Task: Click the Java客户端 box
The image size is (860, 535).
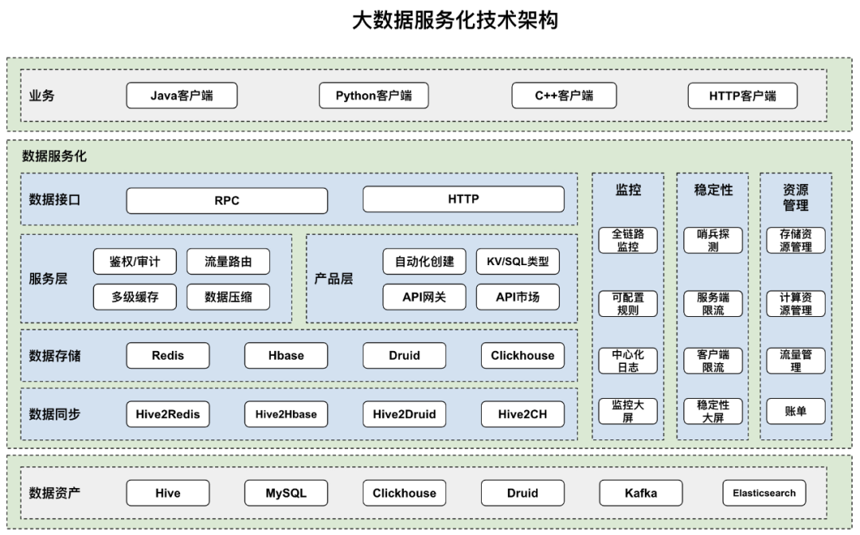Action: pyautogui.click(x=182, y=96)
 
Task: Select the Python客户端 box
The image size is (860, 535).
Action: pyautogui.click(x=373, y=96)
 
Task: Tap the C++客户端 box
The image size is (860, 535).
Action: pyautogui.click(x=564, y=96)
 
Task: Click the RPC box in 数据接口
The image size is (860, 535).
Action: pyautogui.click(x=227, y=201)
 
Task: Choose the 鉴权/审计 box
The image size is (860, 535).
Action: pyautogui.click(x=135, y=261)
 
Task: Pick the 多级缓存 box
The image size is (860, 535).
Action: pyautogui.click(x=135, y=296)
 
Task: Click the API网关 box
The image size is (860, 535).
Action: pyautogui.click(x=424, y=296)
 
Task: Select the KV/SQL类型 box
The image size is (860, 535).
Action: pyautogui.click(x=518, y=261)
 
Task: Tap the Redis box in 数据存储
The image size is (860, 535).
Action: pyautogui.click(x=168, y=355)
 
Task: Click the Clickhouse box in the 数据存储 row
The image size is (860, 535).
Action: pyautogui.click(x=522, y=355)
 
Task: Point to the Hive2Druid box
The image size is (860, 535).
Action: pyautogui.click(x=405, y=414)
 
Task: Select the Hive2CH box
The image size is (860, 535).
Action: pyautogui.click(x=522, y=414)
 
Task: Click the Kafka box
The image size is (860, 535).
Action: pyautogui.click(x=640, y=493)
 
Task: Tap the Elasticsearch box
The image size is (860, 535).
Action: pyautogui.click(x=764, y=493)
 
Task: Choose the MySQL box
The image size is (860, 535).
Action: pyautogui.click(x=287, y=493)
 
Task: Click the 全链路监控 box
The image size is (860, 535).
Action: pyautogui.click(x=628, y=240)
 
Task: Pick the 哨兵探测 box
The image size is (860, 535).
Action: pyautogui.click(x=713, y=240)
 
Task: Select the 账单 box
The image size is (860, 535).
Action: pyautogui.click(x=795, y=411)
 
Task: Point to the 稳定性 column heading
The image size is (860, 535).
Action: pyautogui.click(x=713, y=189)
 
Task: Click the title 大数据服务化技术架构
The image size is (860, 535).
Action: pyautogui.click(x=455, y=20)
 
